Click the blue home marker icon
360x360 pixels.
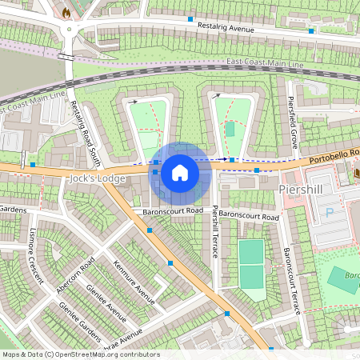tap(180, 172)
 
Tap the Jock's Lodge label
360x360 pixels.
tap(98, 178)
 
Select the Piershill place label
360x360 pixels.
tap(302, 188)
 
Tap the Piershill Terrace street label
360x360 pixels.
tap(215, 231)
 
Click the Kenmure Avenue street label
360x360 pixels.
tap(134, 282)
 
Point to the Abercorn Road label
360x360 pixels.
tap(76, 274)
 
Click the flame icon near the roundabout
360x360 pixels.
tap(66, 13)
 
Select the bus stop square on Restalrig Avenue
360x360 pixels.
tap(190, 18)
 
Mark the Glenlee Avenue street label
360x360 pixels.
tap(106, 304)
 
